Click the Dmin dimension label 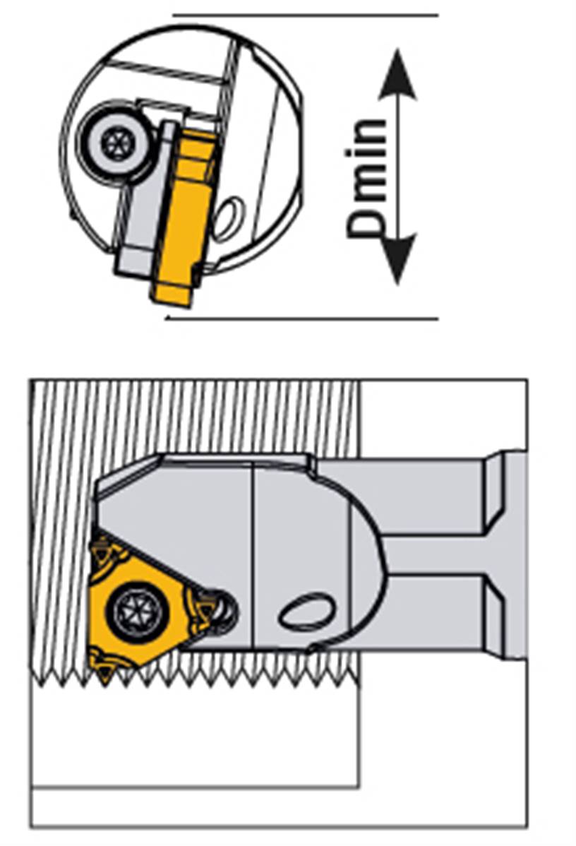pyautogui.click(x=367, y=178)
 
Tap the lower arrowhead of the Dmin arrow pyautogui.click(x=398, y=259)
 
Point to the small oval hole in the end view pyautogui.click(x=227, y=218)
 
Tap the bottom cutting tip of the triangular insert pyautogui.click(x=104, y=681)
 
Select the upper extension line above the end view pyautogui.click(x=305, y=16)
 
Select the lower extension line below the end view pyautogui.click(x=301, y=318)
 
